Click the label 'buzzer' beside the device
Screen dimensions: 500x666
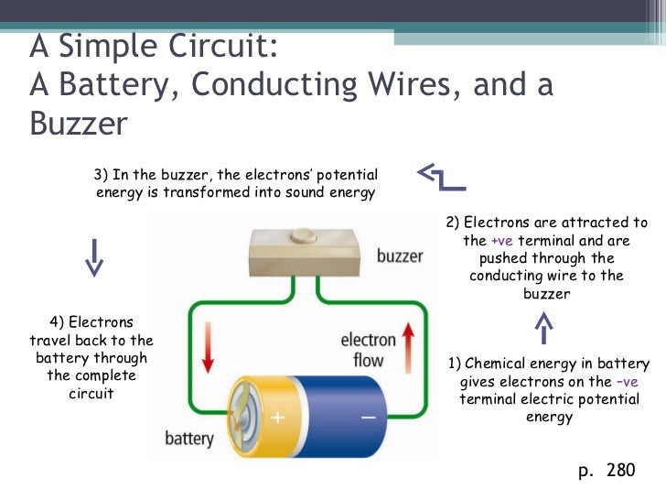(400, 255)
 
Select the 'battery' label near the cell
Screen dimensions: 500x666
(188, 439)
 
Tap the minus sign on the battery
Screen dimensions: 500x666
(368, 418)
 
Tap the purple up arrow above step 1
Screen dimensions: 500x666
(544, 328)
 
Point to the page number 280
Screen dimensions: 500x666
(619, 471)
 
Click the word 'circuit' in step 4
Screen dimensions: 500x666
(91, 394)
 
